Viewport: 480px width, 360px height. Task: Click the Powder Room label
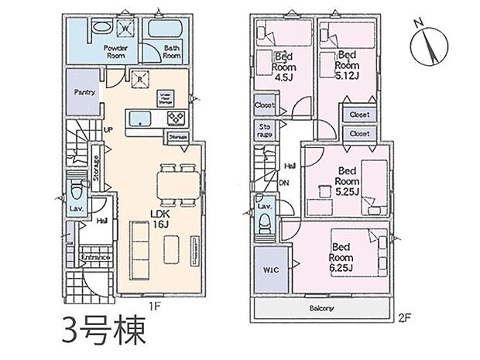point(115,51)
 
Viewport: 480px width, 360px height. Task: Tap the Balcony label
point(323,308)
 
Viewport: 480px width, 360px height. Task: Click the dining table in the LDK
point(172,183)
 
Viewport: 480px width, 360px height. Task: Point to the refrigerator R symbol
point(139,77)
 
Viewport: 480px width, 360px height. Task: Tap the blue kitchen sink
point(141,118)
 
